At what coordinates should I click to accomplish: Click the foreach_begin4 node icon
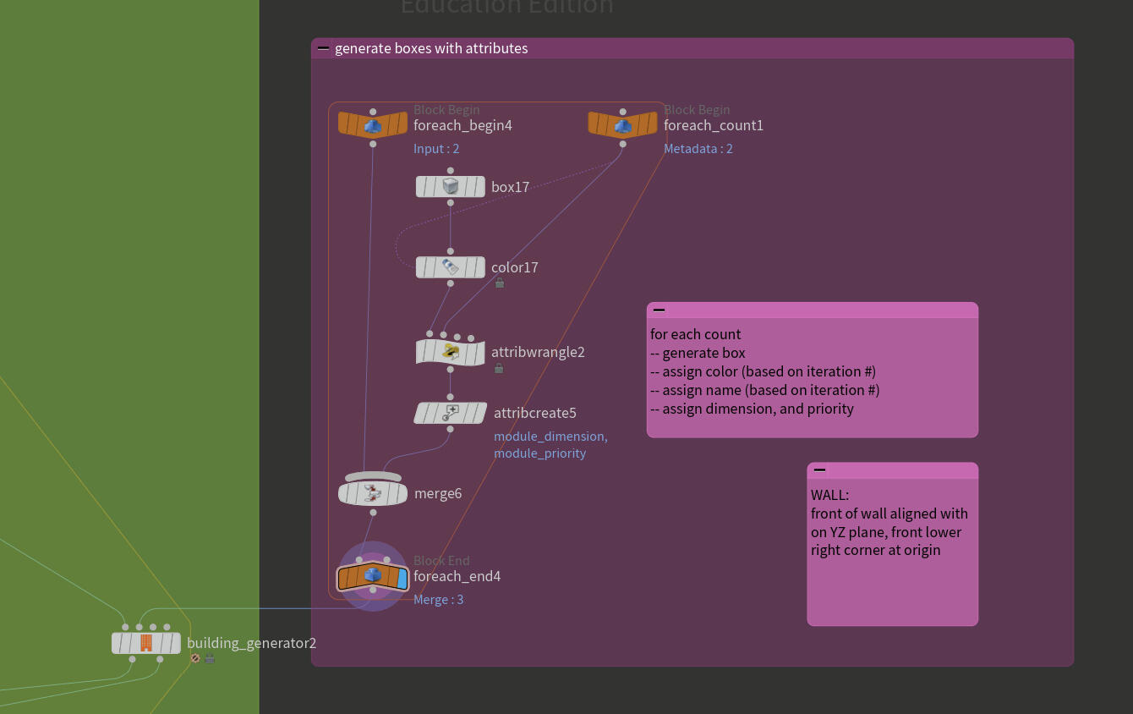click(373, 125)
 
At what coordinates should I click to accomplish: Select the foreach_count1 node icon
click(623, 125)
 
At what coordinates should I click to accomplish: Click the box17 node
click(450, 187)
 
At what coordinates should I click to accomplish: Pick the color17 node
click(450, 267)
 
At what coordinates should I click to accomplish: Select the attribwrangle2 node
click(450, 352)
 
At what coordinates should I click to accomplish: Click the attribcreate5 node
click(450, 413)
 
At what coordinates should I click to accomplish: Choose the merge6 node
click(373, 493)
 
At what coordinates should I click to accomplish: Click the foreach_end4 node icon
click(373, 576)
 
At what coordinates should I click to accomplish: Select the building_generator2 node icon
click(146, 643)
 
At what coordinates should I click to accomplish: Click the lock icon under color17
click(500, 283)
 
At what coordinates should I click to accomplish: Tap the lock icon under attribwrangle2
click(499, 368)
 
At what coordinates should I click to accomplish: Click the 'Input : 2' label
click(436, 149)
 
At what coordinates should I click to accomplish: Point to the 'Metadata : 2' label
click(698, 149)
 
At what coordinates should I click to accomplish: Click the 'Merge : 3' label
click(438, 600)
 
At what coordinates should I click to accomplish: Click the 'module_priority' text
click(539, 453)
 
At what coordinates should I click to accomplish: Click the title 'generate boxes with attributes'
click(431, 48)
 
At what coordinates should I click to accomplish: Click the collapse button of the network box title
click(323, 48)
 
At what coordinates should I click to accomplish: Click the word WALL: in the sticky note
click(829, 495)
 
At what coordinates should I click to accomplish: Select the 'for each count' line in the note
click(695, 334)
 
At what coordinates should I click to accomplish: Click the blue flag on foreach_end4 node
click(402, 579)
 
